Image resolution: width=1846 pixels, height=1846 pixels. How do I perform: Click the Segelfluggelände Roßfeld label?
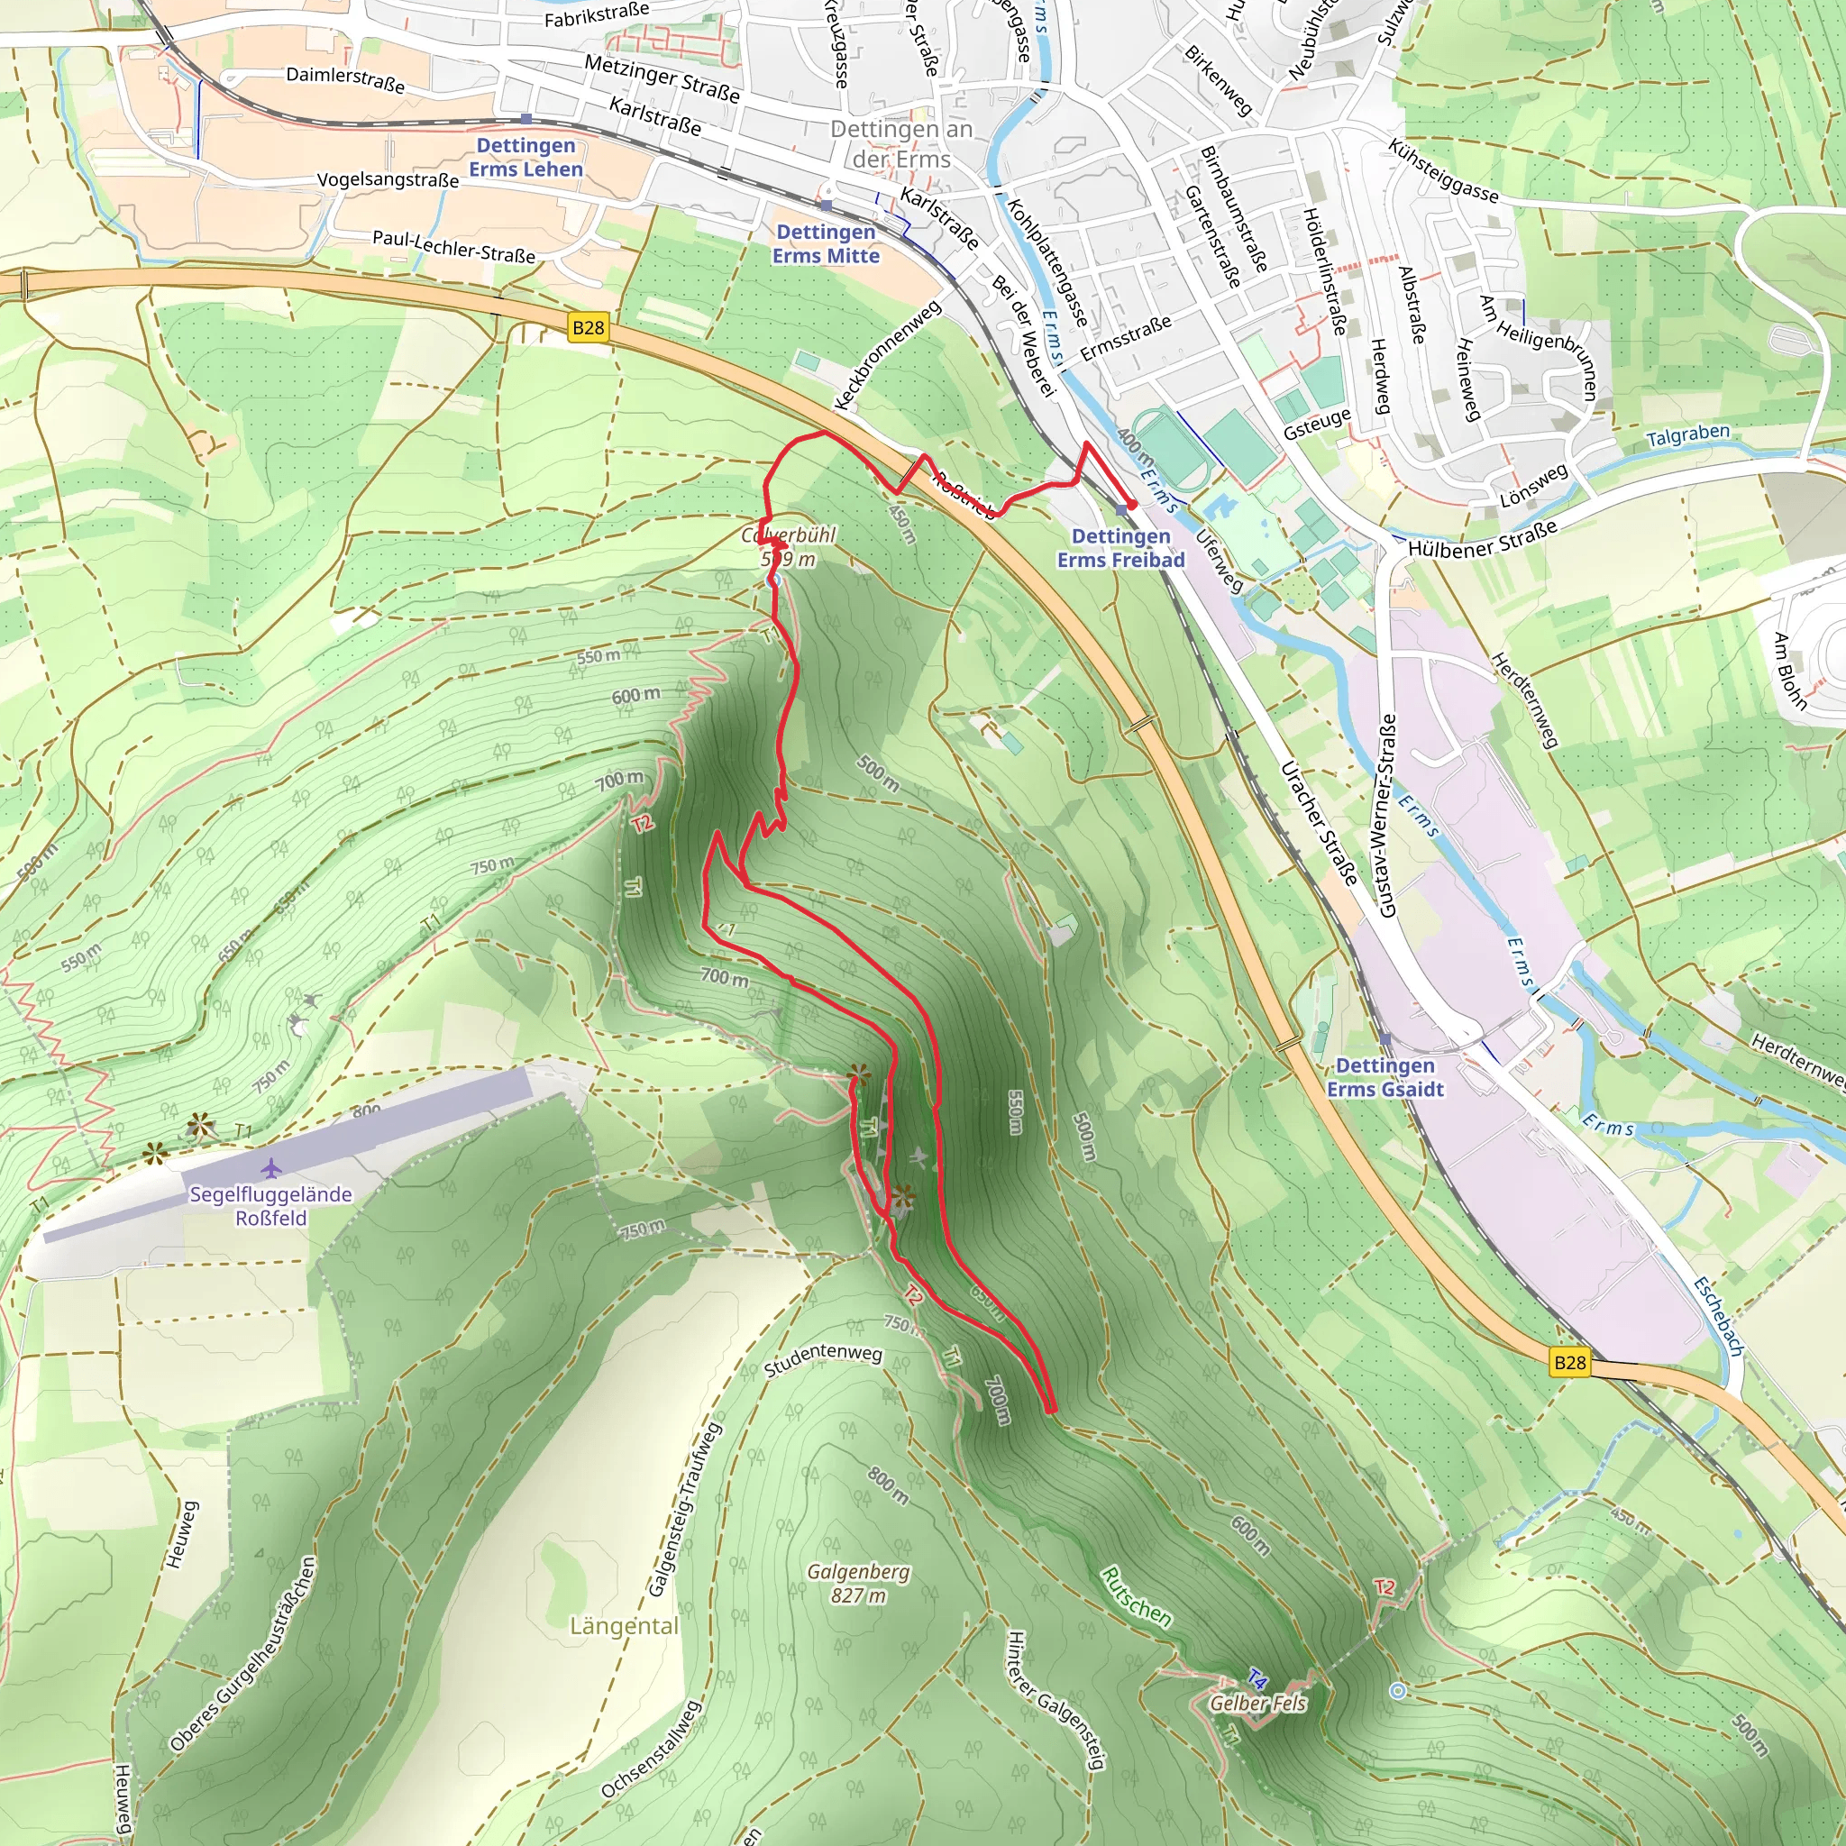tap(270, 1206)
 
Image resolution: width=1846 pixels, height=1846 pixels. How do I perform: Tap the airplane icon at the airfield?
tap(271, 1168)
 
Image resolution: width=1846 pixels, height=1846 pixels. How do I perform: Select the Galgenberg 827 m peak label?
tap(858, 1583)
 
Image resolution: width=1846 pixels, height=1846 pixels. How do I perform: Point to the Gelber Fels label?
tap(1257, 1703)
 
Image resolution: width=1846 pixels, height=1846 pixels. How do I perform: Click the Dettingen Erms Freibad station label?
tap(1119, 548)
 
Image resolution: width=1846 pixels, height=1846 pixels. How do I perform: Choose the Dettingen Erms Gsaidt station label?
tap(1384, 1077)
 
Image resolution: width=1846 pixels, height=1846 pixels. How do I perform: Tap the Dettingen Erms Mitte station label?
tap(826, 243)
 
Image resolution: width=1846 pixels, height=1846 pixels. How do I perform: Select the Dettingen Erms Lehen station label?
tap(525, 157)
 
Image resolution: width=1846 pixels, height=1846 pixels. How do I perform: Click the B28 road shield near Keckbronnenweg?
tap(588, 328)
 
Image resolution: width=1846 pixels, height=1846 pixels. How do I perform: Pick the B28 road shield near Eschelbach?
tap(1569, 1363)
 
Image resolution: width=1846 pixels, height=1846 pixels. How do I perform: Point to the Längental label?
tap(624, 1626)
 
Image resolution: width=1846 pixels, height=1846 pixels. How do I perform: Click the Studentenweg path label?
tap(823, 1359)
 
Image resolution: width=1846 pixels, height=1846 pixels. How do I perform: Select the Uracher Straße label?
tap(1319, 823)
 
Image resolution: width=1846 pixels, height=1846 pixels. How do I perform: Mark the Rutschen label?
tap(1135, 1596)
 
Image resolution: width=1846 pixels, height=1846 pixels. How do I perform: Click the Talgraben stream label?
tap(1687, 435)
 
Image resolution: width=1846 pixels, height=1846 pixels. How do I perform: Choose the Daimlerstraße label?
tap(345, 79)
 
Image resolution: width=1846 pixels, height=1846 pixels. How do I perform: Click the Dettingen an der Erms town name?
tap(901, 143)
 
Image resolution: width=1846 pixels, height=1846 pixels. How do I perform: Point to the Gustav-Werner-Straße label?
tap(1386, 815)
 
